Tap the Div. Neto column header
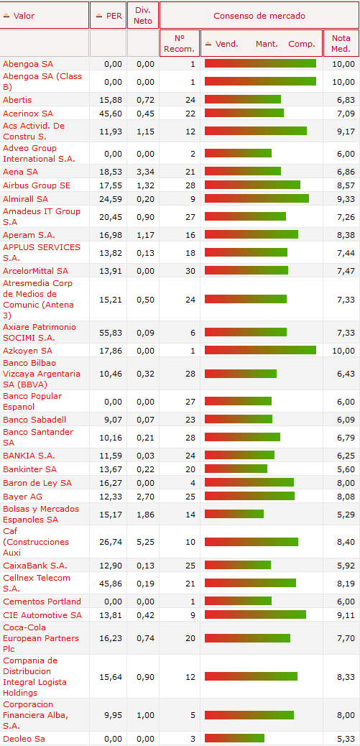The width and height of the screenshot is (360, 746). (x=143, y=15)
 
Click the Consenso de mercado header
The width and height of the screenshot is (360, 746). (x=259, y=16)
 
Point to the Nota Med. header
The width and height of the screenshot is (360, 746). (x=341, y=43)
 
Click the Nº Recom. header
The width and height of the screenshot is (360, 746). (x=180, y=43)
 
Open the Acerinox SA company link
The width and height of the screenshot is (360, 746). (x=28, y=114)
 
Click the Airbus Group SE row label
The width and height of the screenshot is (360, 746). (x=37, y=185)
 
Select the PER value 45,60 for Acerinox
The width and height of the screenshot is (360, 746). (x=111, y=114)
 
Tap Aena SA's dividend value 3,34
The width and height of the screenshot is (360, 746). (x=146, y=172)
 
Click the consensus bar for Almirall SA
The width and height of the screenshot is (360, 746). (x=257, y=198)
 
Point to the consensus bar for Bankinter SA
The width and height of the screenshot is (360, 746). (x=236, y=469)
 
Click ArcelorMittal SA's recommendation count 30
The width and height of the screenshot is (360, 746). (x=190, y=271)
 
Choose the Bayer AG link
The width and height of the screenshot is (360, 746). (x=22, y=497)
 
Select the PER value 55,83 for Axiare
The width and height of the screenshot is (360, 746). (x=111, y=333)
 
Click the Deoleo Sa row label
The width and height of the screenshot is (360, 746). (x=24, y=739)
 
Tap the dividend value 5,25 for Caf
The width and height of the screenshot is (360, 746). (x=146, y=542)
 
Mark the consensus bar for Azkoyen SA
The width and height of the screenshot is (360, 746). (x=261, y=350)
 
